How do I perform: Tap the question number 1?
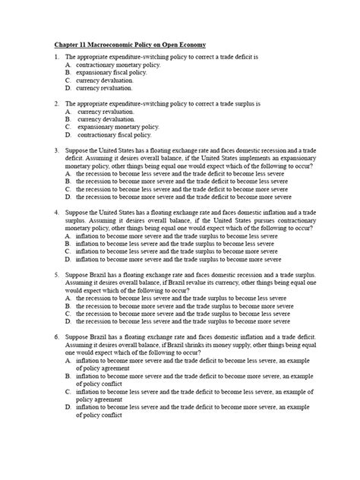coord(55,58)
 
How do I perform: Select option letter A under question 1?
coord(68,65)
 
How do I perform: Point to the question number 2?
coord(55,103)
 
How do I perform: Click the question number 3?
coord(55,150)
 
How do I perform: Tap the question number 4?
coord(55,213)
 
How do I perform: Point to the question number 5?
coord(55,273)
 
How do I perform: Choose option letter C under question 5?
coord(68,312)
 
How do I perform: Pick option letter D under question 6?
coord(68,407)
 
